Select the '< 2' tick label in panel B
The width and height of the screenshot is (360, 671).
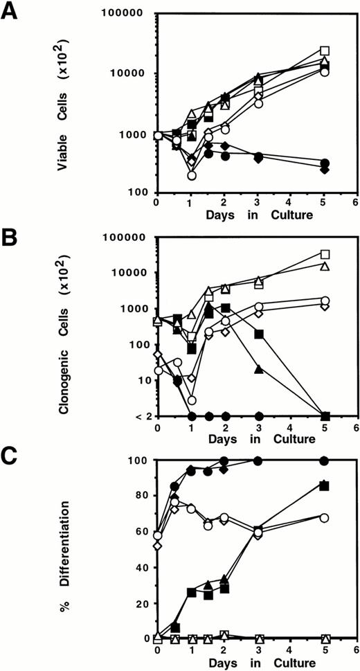pyautogui.click(x=137, y=416)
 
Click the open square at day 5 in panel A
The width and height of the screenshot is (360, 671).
pyautogui.click(x=324, y=51)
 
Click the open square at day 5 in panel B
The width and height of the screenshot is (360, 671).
pyautogui.click(x=324, y=254)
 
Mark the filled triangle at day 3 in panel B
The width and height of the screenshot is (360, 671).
pyautogui.click(x=258, y=369)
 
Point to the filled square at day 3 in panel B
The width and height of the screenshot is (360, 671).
pyautogui.click(x=258, y=334)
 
